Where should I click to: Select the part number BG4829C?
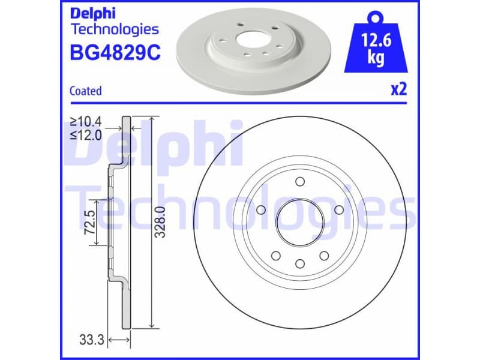115,54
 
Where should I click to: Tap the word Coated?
86,91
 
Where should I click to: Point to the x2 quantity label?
398,90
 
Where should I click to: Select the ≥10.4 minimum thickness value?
86,122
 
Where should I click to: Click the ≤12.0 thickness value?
86,135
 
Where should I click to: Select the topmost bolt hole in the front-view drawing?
299,182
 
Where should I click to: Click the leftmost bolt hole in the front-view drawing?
260,210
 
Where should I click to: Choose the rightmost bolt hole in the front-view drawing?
338,210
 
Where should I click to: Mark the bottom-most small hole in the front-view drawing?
299,262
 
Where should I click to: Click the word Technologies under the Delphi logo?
115,29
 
